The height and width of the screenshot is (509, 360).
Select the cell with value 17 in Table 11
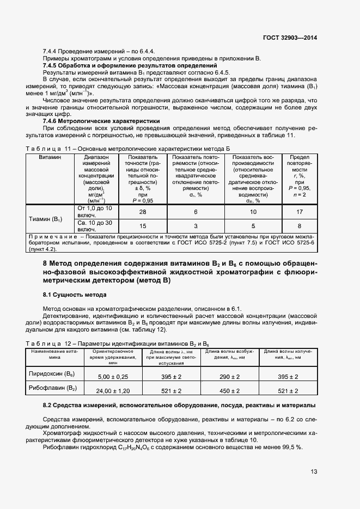(299, 212)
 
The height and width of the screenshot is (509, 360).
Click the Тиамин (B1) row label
(46, 219)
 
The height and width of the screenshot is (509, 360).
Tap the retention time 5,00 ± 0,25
(113, 377)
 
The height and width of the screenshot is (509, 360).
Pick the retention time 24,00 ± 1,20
(113, 391)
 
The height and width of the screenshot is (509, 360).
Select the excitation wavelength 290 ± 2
(230, 377)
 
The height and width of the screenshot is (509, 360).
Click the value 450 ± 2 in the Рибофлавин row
(230, 391)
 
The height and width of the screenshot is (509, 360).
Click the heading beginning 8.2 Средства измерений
(179, 406)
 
